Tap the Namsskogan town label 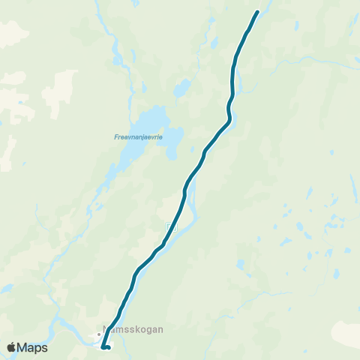coord(132,328)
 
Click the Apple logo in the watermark coord(12,347)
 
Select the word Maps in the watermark coord(34,347)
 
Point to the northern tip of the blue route coord(257,12)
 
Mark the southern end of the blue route coord(109,348)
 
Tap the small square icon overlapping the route coord(170,226)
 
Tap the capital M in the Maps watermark coord(24,347)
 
